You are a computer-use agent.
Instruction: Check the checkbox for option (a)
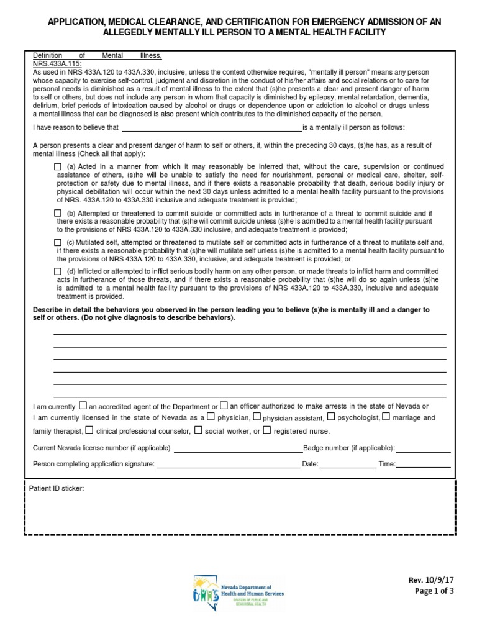(58, 167)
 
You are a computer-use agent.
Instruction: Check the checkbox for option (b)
(58, 213)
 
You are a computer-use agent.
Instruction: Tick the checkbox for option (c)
(58, 242)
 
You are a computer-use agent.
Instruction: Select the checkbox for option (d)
(58, 271)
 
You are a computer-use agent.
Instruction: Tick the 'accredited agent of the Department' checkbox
(84, 406)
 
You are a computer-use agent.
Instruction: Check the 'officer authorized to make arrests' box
(224, 406)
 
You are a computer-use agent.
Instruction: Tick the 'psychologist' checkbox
(331, 417)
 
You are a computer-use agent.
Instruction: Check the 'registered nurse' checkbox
(267, 430)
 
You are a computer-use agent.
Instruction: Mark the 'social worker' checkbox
(198, 430)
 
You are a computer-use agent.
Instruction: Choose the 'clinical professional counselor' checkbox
(89, 430)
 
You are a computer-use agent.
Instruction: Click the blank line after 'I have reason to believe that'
(211, 129)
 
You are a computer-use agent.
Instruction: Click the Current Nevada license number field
(238, 450)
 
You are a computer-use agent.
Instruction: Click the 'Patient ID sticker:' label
(57, 489)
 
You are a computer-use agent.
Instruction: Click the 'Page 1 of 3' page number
(434, 591)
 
